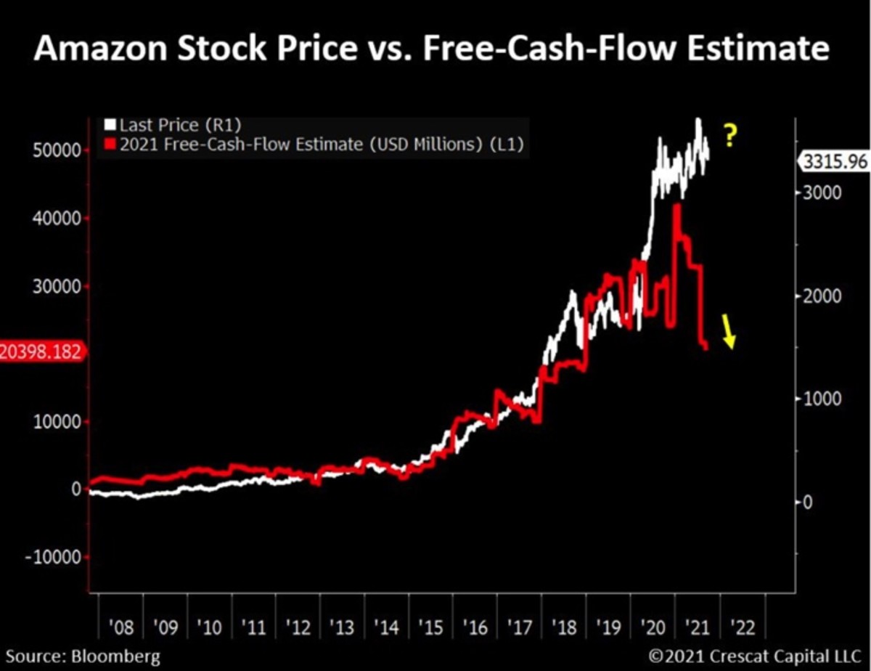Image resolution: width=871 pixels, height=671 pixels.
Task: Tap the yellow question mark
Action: pos(729,136)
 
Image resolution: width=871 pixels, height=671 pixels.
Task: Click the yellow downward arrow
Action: pos(729,333)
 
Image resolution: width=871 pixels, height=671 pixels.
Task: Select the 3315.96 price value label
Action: pos(835,162)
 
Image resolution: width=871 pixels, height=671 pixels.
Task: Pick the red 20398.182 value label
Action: pos(42,351)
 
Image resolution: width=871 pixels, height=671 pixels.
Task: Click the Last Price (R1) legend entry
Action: pos(179,126)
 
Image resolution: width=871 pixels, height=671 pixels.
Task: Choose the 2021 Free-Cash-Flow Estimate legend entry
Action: pos(313,145)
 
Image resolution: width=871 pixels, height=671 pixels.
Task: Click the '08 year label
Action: pos(120,625)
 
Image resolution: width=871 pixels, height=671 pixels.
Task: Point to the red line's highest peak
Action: pos(676,206)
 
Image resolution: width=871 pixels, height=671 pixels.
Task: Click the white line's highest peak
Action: pos(698,120)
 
